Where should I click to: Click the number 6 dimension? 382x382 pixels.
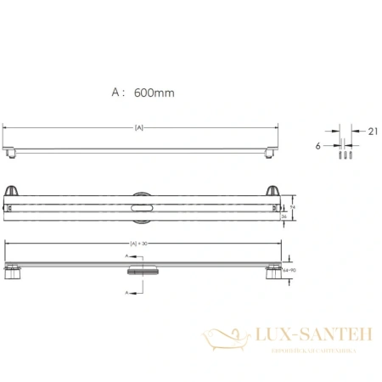click(x=317, y=145)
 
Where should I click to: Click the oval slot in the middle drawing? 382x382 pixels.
click(x=140, y=205)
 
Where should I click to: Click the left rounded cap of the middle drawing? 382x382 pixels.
click(x=14, y=190)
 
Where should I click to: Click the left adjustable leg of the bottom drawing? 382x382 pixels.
click(x=14, y=272)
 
